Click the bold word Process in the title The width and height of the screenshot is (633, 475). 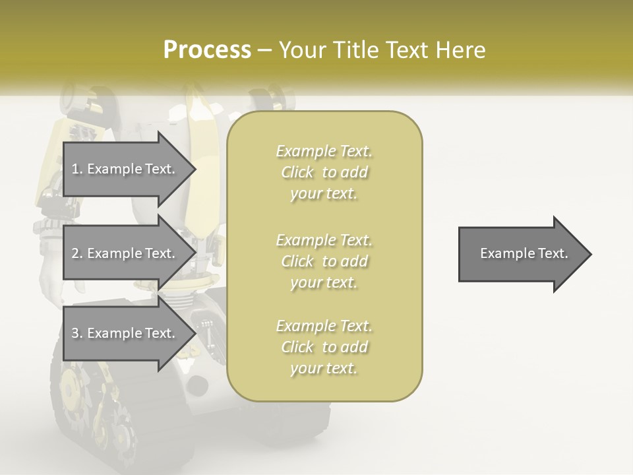pyautogui.click(x=207, y=49)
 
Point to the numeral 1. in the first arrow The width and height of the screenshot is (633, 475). pyautogui.click(x=76, y=169)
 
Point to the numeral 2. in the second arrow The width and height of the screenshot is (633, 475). pyautogui.click(x=76, y=253)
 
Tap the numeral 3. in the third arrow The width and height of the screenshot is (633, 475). pyautogui.click(x=76, y=333)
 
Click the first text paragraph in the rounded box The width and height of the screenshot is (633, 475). pyautogui.click(x=324, y=172)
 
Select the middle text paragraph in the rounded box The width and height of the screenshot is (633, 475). pyautogui.click(x=324, y=261)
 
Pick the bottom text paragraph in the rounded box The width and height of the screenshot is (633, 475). pyautogui.click(x=324, y=347)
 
